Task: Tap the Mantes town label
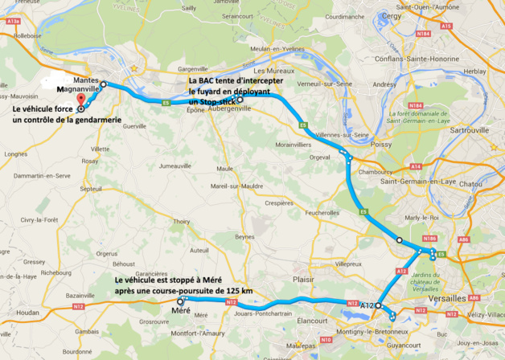pyautogui.click(x=85, y=81)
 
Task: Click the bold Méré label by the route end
pyautogui.click(x=182, y=310)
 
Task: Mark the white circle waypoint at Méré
pyautogui.click(x=179, y=301)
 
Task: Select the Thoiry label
pyautogui.click(x=181, y=222)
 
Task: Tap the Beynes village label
pyautogui.click(x=244, y=238)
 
